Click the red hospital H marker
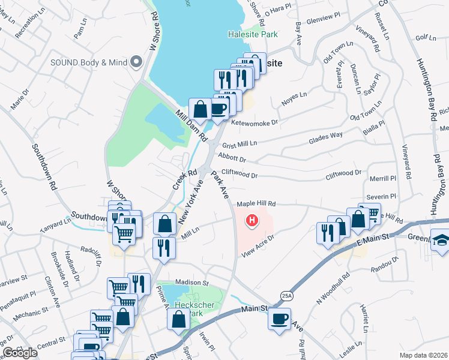pos(252,221)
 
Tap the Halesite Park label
pos(253,34)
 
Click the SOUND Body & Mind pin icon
pos(136,61)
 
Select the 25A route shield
pos(286,295)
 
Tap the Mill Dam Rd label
pos(191,125)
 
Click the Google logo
pos(20,353)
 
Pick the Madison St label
pos(191,282)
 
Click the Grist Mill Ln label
pos(240,145)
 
